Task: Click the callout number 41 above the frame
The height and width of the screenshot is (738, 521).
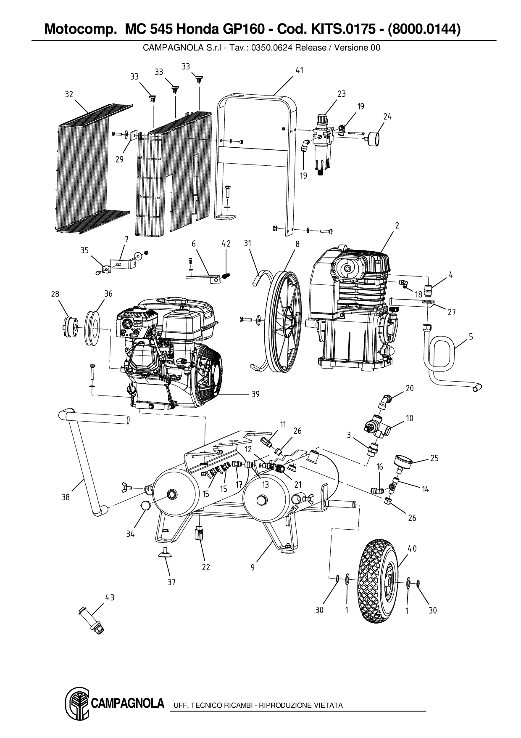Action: [299, 71]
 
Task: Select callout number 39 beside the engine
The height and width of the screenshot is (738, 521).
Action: [255, 394]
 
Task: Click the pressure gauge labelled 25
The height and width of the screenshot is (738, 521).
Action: [403, 462]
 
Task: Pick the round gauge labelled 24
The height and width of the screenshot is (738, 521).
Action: [374, 138]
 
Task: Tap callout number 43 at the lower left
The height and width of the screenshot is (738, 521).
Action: [110, 597]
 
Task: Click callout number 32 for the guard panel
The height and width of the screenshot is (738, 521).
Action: [69, 94]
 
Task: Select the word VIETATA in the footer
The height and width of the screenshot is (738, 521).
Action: [329, 705]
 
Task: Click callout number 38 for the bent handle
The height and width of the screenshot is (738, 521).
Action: [66, 497]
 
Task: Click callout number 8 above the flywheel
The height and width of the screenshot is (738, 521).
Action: [297, 244]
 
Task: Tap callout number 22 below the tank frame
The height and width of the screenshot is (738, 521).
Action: [205, 567]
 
